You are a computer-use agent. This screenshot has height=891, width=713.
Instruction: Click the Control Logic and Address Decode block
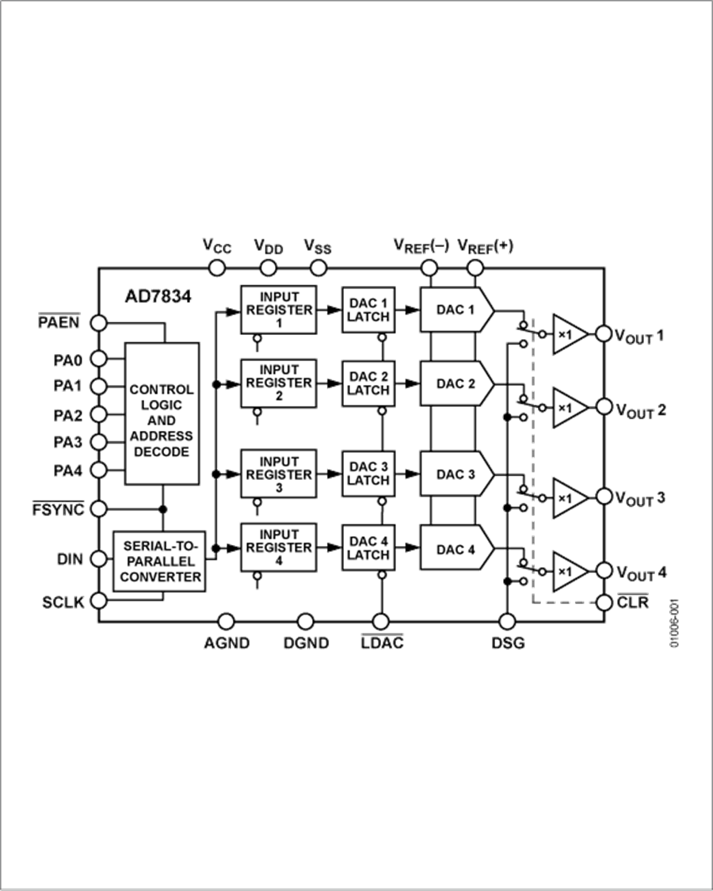162,413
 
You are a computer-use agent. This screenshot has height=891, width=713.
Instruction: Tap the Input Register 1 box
279,310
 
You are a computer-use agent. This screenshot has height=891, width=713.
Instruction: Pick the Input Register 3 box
279,474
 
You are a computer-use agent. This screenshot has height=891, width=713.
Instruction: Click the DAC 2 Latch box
368,383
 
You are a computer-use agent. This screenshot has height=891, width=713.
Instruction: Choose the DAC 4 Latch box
368,548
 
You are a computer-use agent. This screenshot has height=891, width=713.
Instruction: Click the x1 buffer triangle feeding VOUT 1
568,334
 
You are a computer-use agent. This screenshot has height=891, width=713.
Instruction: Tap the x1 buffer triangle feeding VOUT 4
568,571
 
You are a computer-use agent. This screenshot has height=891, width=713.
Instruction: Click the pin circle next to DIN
98,559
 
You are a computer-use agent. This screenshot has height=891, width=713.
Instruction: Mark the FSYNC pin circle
98,508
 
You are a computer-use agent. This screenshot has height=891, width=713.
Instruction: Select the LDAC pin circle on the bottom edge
380,621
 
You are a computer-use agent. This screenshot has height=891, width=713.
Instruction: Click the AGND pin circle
226,621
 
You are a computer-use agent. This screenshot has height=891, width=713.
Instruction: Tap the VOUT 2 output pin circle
604,407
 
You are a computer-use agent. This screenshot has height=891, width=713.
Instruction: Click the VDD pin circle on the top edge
267,268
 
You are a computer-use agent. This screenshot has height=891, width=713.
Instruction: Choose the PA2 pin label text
69,414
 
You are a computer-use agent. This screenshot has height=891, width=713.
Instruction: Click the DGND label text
306,642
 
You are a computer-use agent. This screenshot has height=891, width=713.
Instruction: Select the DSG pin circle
507,621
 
